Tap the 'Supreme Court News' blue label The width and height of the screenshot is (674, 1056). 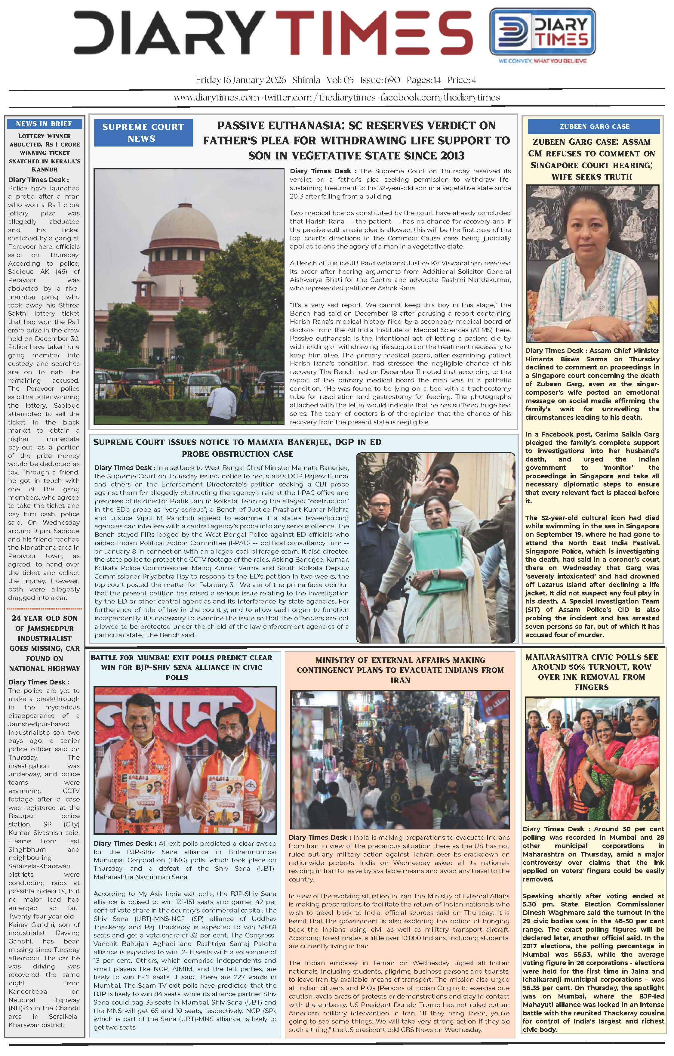[143, 132]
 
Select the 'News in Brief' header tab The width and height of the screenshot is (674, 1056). [44, 124]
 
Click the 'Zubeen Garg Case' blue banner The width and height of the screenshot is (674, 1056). [594, 127]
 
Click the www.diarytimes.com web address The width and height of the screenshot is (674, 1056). [216, 97]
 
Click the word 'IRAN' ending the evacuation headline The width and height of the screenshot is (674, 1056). [400, 680]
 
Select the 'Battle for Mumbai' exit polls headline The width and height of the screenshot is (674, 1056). [181, 667]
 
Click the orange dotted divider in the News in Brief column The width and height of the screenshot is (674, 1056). [44, 609]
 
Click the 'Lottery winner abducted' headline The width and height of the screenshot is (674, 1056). [44, 152]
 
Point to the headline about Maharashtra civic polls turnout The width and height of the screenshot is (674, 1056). [592, 672]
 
